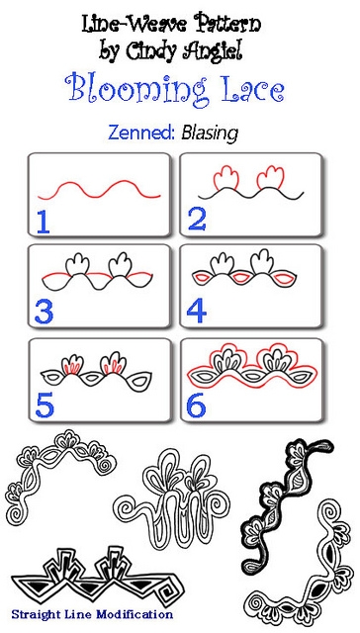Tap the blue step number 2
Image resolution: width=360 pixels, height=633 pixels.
tap(196, 219)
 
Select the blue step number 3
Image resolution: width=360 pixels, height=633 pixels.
tap(43, 312)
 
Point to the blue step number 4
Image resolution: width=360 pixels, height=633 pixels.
tap(196, 312)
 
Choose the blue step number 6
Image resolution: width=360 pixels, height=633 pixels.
tap(196, 403)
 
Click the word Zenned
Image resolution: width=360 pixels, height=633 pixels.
tap(146, 132)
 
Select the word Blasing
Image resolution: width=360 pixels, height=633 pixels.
tap(210, 132)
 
